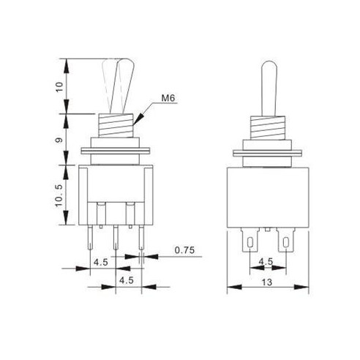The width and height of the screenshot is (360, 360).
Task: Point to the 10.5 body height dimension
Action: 67,195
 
